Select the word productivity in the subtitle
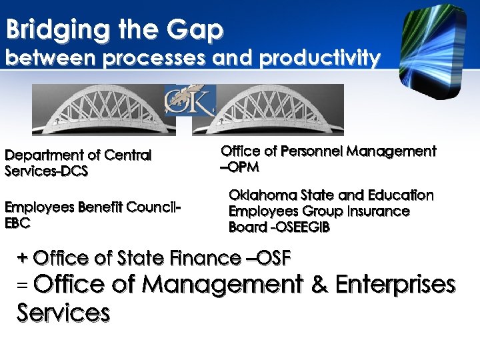pos(320,59)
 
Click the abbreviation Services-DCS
pos(47,171)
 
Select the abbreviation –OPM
pos(239,167)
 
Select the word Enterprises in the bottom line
pos(395,285)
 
